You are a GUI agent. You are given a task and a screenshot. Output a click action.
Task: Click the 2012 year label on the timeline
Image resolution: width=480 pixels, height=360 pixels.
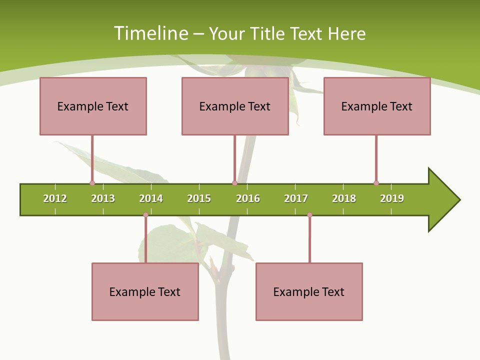[55, 198]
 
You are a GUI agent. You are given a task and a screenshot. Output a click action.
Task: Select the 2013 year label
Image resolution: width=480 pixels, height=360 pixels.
[103, 198]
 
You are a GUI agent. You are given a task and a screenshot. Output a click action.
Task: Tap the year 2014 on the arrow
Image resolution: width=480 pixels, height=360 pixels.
[151, 198]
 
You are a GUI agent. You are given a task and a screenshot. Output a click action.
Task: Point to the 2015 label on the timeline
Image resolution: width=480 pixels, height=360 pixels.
[199, 198]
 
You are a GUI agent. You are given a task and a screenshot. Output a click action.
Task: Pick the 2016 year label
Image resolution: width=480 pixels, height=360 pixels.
[248, 198]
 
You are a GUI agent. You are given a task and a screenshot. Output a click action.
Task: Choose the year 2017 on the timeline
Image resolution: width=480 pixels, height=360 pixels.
[296, 198]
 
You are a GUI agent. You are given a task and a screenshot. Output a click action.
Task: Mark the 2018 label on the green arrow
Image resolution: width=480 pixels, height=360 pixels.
[344, 198]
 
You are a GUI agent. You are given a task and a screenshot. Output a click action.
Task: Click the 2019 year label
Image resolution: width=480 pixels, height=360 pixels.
[392, 198]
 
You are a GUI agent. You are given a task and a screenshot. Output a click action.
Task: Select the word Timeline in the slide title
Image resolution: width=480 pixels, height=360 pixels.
[150, 33]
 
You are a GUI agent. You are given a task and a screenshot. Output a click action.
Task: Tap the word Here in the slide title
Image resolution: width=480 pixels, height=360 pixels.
[346, 33]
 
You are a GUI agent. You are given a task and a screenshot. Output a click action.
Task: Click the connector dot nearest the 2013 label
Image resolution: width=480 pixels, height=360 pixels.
[92, 183]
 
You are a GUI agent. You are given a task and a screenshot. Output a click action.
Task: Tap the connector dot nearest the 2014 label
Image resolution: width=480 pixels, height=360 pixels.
[145, 215]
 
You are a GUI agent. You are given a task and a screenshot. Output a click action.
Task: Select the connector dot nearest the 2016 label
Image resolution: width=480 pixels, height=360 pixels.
[234, 183]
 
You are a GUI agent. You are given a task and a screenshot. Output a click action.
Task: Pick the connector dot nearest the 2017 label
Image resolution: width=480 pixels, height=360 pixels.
[309, 215]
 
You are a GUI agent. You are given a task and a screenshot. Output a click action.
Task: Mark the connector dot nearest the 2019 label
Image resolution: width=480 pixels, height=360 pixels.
[376, 183]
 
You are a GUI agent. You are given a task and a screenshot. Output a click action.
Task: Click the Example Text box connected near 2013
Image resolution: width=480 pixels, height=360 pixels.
[93, 106]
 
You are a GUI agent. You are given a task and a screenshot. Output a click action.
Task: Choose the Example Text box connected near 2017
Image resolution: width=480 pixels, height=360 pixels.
[309, 291]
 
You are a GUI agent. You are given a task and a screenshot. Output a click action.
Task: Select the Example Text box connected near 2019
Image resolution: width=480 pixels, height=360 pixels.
[377, 106]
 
